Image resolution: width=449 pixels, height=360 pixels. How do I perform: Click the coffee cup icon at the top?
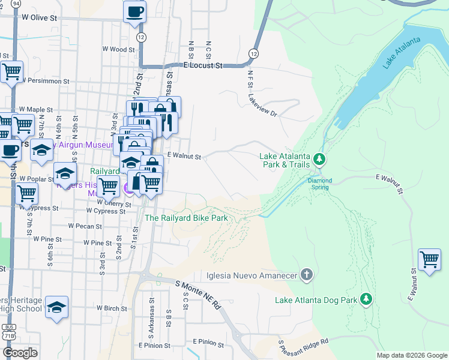click(134, 11)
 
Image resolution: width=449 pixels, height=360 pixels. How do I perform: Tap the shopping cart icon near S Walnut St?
click(429, 260)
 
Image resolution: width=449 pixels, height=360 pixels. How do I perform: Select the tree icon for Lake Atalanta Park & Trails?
click(320, 158)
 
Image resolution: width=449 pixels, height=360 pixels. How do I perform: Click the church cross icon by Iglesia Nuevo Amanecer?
click(306, 275)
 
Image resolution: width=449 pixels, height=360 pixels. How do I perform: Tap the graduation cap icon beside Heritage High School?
click(56, 307)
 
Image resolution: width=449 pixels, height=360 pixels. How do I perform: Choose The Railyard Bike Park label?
click(186, 218)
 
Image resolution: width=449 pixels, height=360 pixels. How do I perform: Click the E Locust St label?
click(203, 65)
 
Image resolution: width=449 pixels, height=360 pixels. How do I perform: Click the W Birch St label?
click(116, 308)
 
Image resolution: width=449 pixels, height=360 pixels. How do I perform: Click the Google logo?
click(20, 352)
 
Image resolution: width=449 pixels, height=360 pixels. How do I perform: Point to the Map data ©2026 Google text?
click(411, 355)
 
